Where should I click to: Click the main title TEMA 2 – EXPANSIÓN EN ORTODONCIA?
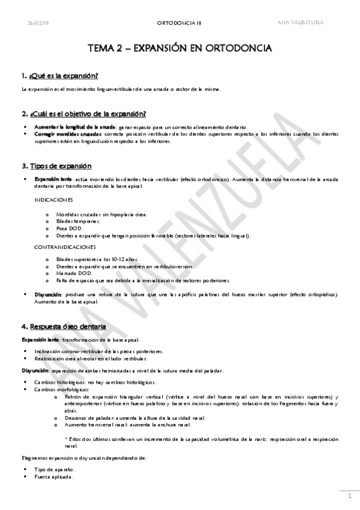180,48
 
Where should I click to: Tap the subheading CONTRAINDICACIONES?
64,247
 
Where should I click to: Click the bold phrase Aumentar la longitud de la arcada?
66,127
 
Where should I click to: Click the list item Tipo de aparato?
55,469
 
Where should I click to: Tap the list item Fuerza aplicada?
55,477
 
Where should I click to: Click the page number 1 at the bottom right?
349,496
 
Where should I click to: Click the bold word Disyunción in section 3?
48,294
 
